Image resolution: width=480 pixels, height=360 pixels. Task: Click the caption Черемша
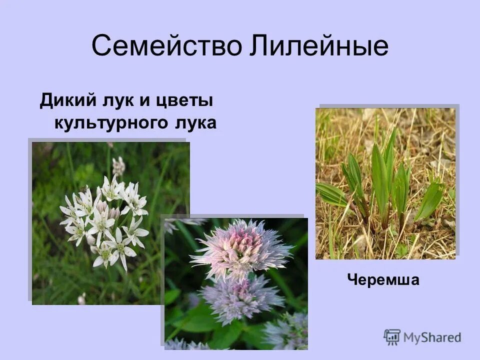point(383,281)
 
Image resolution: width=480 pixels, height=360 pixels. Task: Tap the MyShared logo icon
point(392,337)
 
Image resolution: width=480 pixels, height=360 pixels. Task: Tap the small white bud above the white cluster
point(118,165)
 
